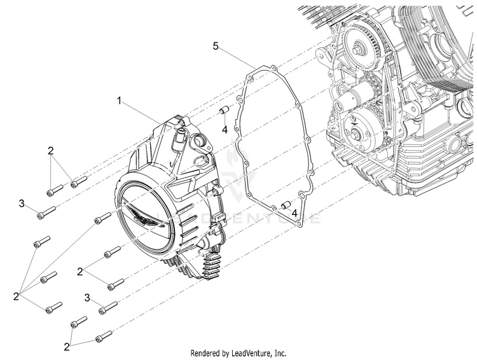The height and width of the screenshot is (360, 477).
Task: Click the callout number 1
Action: pyautogui.click(x=119, y=100)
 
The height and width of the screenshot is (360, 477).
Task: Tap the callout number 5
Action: pyautogui.click(x=216, y=46)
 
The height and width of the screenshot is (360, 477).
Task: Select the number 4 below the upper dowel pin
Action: pyautogui.click(x=225, y=130)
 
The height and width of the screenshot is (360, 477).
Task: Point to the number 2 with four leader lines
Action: pyautogui.click(x=16, y=296)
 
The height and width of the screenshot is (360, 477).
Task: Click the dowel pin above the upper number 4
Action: pyautogui.click(x=224, y=113)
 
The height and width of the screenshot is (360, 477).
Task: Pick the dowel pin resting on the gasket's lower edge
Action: pyautogui.click(x=286, y=205)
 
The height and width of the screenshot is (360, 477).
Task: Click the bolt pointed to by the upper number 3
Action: pyautogui.click(x=46, y=212)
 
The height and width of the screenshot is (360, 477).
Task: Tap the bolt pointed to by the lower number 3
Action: pyautogui.click(x=107, y=308)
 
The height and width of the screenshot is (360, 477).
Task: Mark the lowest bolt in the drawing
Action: pyautogui.click(x=103, y=335)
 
